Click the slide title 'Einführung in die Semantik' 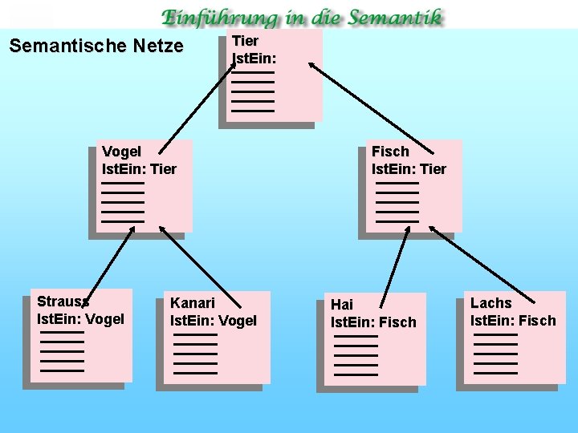[x=302, y=17]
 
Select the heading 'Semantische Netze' [x=96, y=47]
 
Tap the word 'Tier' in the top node [x=245, y=41]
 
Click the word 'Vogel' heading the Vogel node [x=121, y=152]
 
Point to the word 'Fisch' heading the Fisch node [x=390, y=151]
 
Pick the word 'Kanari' [x=193, y=303]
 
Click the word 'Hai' [x=342, y=305]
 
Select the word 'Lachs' [x=490, y=303]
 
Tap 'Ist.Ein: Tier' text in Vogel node [x=139, y=169]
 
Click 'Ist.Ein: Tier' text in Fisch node [x=409, y=168]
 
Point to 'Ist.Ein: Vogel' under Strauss [x=80, y=319]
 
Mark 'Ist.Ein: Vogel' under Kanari [x=214, y=321]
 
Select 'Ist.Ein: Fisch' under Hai [x=373, y=322]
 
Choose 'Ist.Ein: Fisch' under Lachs [x=513, y=321]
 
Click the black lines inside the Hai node [x=356, y=356]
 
